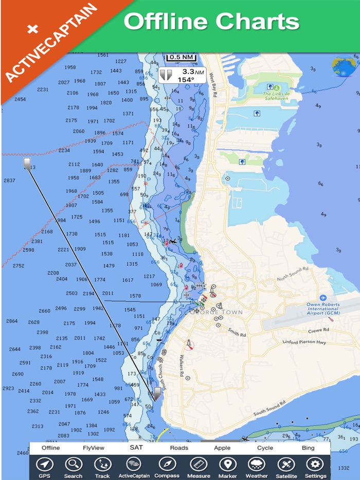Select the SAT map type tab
pos(136,448)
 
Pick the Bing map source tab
pos(308,448)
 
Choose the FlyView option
pos(94,448)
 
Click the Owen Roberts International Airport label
pos(323,308)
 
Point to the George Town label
pos(216,312)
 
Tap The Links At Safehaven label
pos(276,96)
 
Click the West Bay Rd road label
pos(212,85)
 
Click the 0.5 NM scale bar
pos(182,57)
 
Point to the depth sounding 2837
pos(9,180)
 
